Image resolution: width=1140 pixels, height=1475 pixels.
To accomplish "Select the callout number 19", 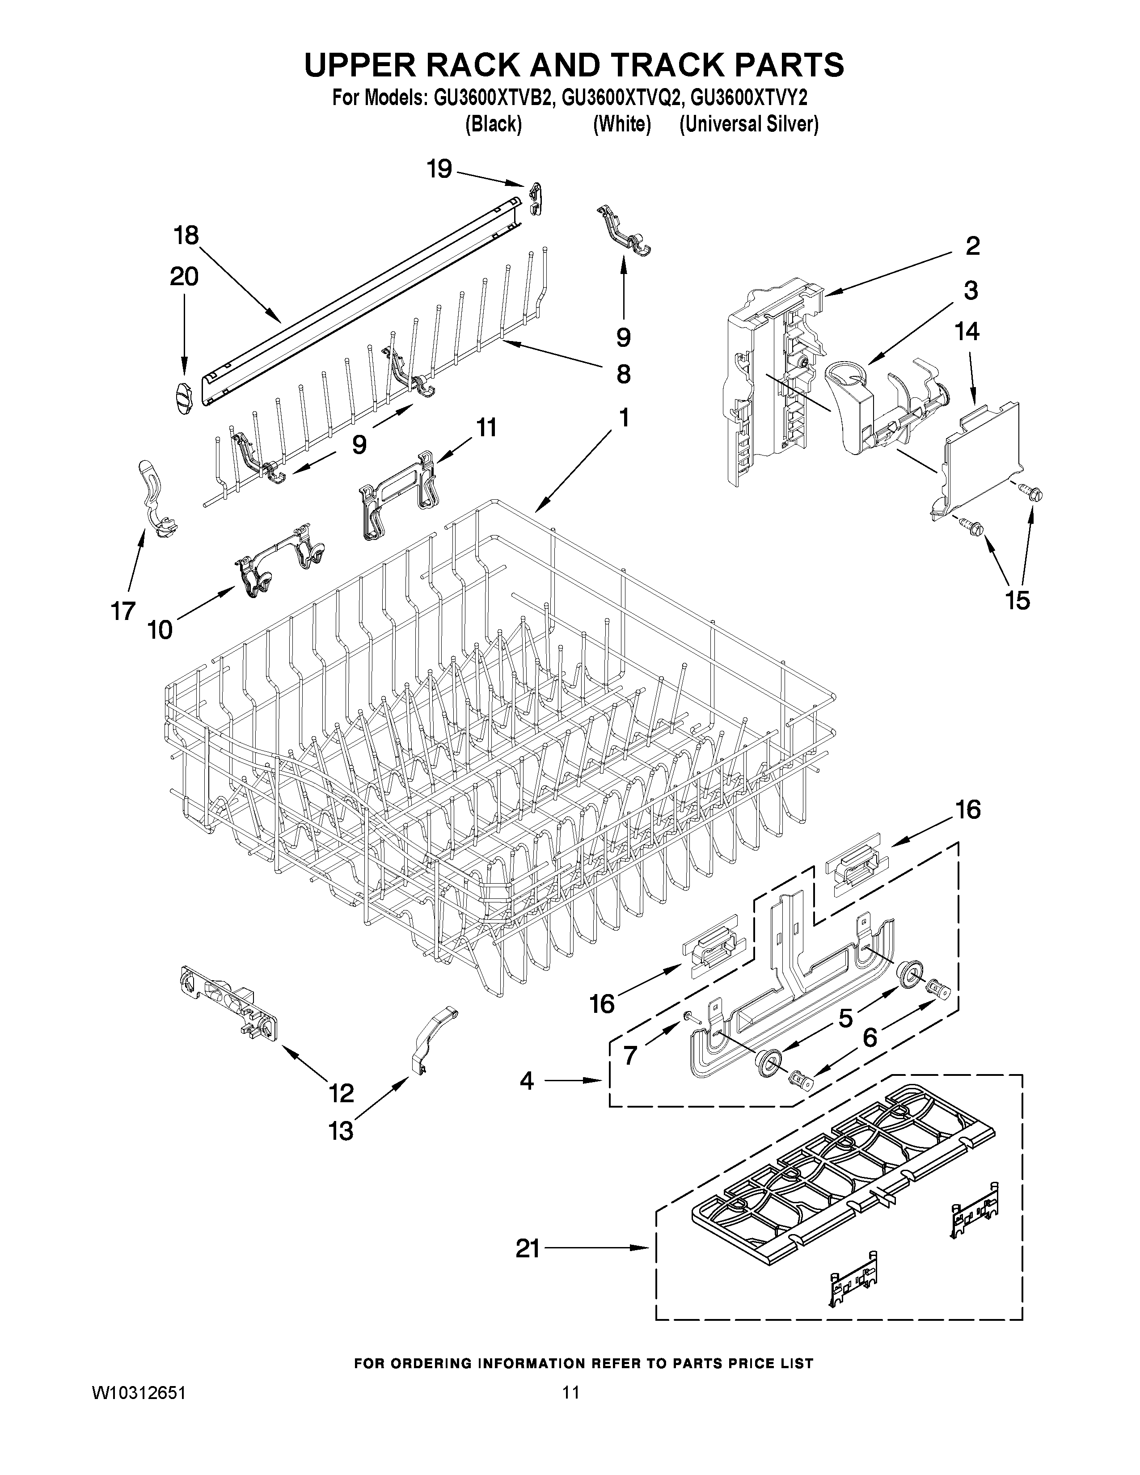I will coord(439,169).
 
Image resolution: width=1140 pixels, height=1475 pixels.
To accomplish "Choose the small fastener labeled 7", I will coord(686,1034).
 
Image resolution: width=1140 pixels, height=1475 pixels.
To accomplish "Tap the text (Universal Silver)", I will coord(748,125).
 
